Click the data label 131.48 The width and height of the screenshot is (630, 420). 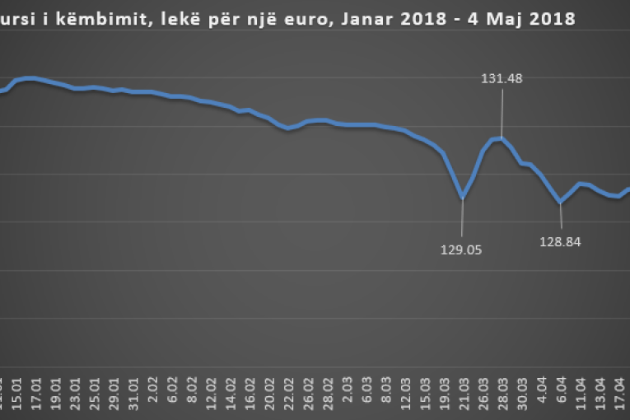(502, 79)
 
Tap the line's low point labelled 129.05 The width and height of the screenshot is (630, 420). (463, 198)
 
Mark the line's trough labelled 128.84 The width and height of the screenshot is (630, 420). (560, 202)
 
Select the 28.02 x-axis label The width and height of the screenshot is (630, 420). (328, 394)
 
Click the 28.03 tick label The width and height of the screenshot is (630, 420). (502, 394)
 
